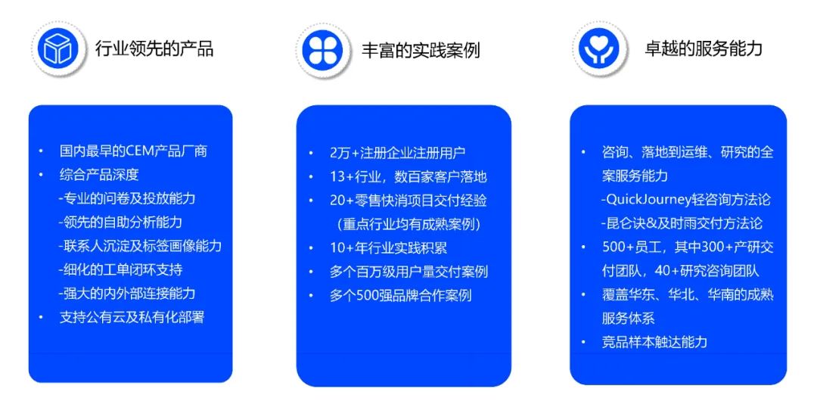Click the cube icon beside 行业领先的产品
[x=57, y=48]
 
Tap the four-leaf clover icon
[x=322, y=51]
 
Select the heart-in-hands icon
[x=598, y=48]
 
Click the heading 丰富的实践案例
[x=421, y=50]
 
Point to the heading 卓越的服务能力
[x=704, y=48]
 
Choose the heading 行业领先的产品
[x=154, y=48]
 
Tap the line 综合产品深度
[x=99, y=175]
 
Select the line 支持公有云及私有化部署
[x=132, y=317]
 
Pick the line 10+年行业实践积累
[x=389, y=247]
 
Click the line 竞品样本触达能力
[x=654, y=342]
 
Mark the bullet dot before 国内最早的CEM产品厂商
[x=41, y=151]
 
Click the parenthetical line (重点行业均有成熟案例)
[x=409, y=224]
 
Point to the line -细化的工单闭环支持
[x=120, y=269]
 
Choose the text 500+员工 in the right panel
[x=632, y=247]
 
